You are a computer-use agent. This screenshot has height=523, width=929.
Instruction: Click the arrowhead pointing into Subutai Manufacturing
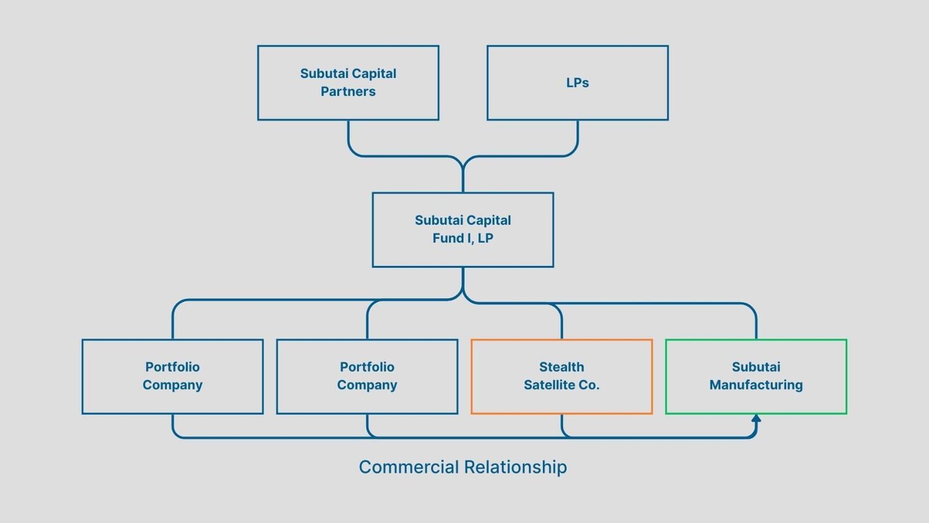click(x=756, y=418)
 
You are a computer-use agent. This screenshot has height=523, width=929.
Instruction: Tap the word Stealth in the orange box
click(x=561, y=367)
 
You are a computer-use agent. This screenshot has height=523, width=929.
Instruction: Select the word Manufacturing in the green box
click(x=756, y=385)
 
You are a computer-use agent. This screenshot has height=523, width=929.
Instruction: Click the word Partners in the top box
click(x=348, y=91)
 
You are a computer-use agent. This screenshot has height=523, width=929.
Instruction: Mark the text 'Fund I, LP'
click(x=463, y=238)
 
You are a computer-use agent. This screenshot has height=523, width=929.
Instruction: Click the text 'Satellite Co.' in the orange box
click(x=561, y=385)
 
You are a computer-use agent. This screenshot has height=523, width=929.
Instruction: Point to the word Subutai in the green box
click(x=756, y=367)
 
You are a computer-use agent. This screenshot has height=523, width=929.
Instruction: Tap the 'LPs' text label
click(x=577, y=83)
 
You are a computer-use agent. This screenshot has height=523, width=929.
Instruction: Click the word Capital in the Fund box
click(x=487, y=220)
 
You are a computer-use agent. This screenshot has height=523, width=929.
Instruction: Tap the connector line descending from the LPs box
click(x=578, y=137)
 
